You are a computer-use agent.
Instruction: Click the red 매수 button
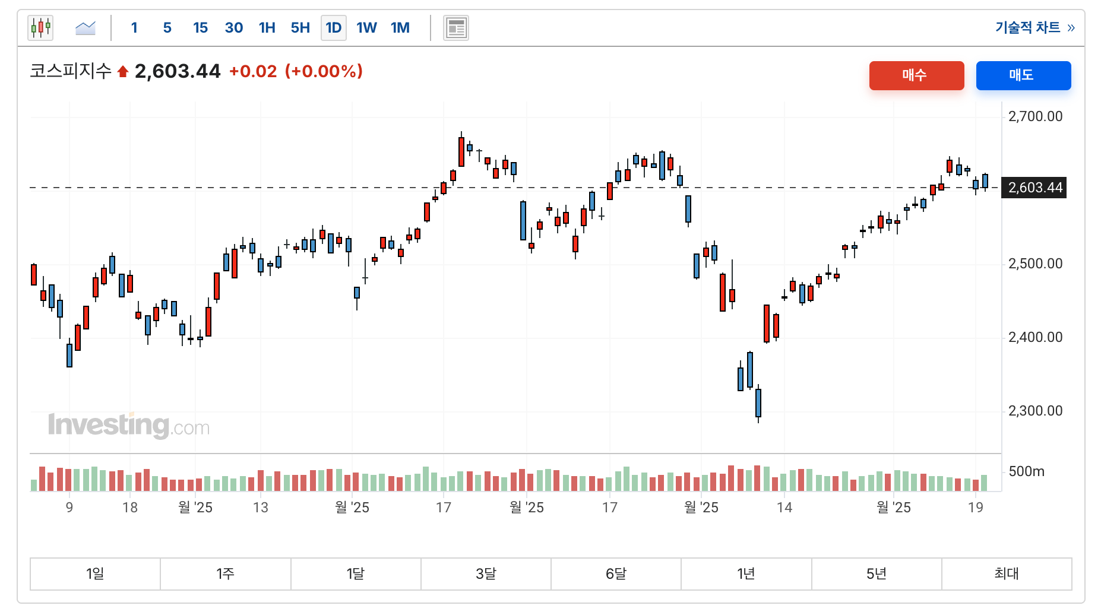click(x=916, y=75)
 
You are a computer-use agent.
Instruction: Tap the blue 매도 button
click(x=1023, y=75)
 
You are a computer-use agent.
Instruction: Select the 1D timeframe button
click(x=333, y=28)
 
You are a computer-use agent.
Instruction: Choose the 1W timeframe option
click(x=366, y=28)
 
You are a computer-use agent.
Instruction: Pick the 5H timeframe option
click(x=300, y=28)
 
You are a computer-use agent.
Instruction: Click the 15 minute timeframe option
click(x=200, y=28)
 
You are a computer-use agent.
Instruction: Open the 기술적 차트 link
click(x=1034, y=28)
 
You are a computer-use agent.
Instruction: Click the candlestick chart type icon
click(x=40, y=28)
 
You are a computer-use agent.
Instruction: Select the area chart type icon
click(x=86, y=28)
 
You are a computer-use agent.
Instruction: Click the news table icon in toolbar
click(x=455, y=28)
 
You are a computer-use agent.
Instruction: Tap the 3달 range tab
click(x=486, y=573)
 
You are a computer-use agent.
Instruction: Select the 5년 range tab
click(x=876, y=573)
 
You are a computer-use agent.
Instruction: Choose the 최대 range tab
click(x=1006, y=573)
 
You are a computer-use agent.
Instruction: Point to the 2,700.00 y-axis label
click(x=1035, y=116)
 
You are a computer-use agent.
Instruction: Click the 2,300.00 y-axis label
click(x=1035, y=411)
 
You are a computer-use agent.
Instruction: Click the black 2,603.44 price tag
click(x=1034, y=188)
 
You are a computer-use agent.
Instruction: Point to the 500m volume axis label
click(x=1026, y=471)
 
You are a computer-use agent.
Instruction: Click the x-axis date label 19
click(x=975, y=508)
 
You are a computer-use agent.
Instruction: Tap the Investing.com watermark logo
click(x=128, y=425)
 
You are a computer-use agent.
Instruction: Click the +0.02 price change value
click(x=253, y=72)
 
